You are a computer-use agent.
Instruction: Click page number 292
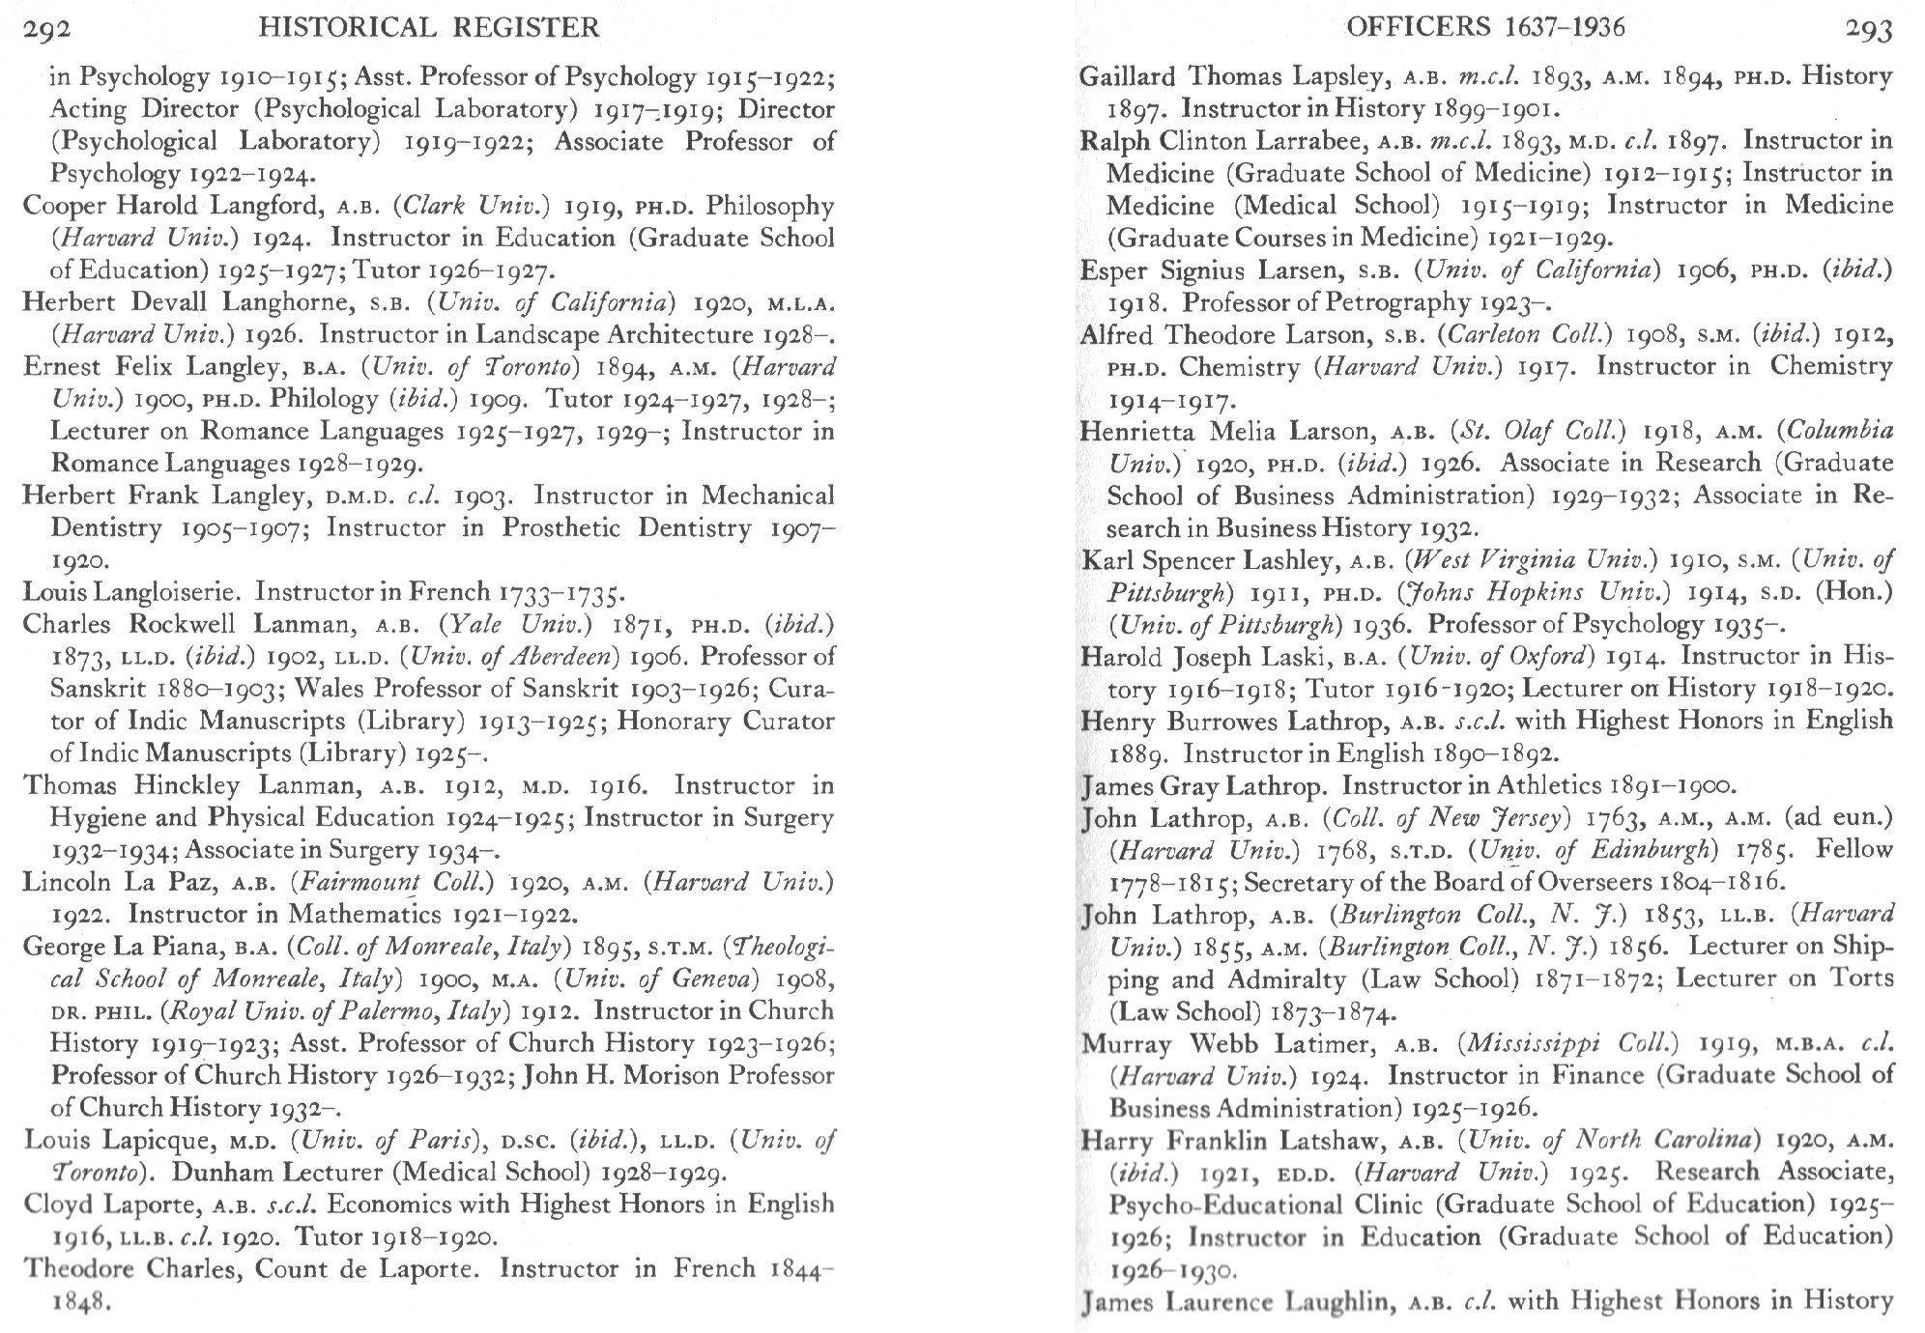pos(45,28)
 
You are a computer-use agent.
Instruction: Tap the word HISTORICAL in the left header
pos(357,28)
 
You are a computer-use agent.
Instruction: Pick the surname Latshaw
pos(1331,1141)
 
